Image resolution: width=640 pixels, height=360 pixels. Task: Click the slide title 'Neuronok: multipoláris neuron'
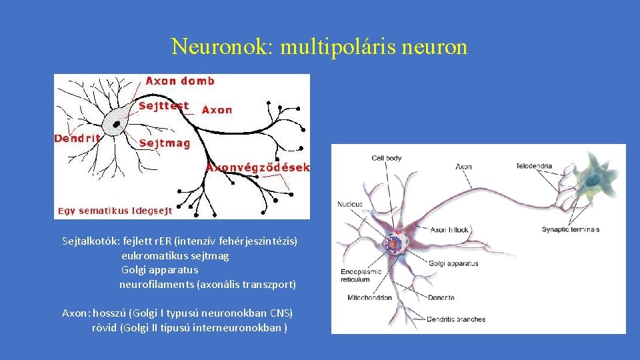(319, 47)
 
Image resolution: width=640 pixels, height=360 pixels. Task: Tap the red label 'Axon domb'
(180, 81)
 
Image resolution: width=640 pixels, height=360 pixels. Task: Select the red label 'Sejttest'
(164, 106)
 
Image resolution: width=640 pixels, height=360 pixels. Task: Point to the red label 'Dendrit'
(77, 139)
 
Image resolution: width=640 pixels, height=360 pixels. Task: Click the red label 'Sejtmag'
(165, 143)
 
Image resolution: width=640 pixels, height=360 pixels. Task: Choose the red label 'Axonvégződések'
(257, 168)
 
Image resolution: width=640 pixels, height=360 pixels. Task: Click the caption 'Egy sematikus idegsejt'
(115, 211)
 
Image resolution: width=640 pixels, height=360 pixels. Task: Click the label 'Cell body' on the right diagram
(387, 158)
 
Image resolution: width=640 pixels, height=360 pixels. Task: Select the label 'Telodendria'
(534, 166)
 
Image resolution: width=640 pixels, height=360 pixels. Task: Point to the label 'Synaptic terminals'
(571, 229)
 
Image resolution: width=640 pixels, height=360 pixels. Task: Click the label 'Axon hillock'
(449, 229)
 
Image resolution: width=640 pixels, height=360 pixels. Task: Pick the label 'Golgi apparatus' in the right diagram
(453, 263)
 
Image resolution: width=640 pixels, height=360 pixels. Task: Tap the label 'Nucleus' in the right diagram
(350, 204)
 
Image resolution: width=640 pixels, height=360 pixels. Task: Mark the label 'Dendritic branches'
(457, 319)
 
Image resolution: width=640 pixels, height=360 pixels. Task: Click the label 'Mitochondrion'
(366, 298)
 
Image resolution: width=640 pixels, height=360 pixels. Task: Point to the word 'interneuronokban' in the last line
(243, 328)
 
